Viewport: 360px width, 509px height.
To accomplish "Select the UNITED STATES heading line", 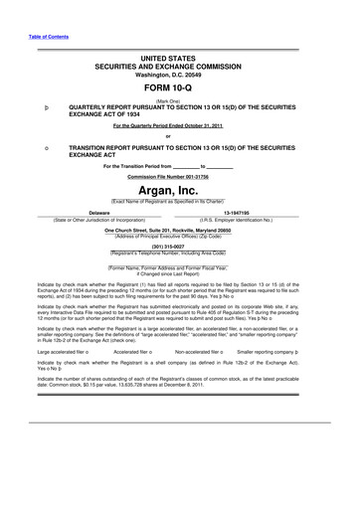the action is pyautogui.click(x=179, y=59).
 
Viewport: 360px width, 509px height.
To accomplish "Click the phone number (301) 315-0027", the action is pyautogui.click(x=179, y=246).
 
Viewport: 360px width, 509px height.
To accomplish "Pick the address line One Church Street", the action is pyautogui.click(x=179, y=229).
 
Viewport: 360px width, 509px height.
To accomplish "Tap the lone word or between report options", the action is pyautogui.click(x=179, y=135).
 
